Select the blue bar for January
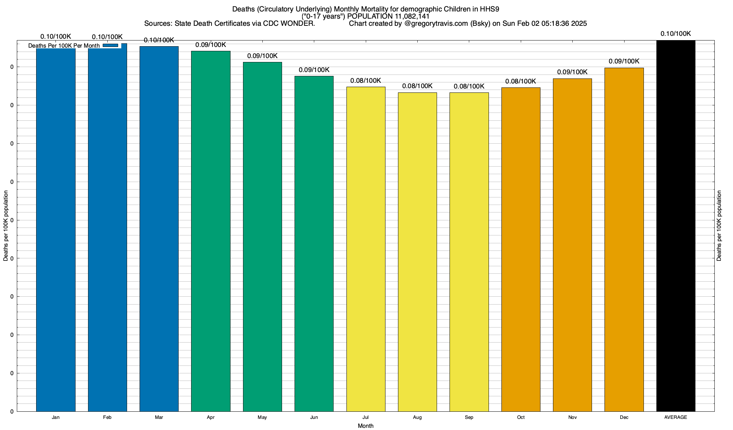click(56, 229)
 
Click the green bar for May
click(262, 236)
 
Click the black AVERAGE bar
click(676, 226)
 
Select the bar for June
click(314, 244)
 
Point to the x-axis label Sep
click(469, 417)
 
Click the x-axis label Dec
click(624, 417)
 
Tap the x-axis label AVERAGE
click(676, 417)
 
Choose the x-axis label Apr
click(211, 417)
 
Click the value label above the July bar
click(366, 81)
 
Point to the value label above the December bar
click(624, 62)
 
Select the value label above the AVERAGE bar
click(676, 34)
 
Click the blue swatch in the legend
click(110, 46)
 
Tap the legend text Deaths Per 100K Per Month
click(64, 46)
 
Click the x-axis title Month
click(365, 426)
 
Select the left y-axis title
click(6, 226)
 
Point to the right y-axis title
click(719, 226)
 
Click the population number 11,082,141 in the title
click(408, 16)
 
